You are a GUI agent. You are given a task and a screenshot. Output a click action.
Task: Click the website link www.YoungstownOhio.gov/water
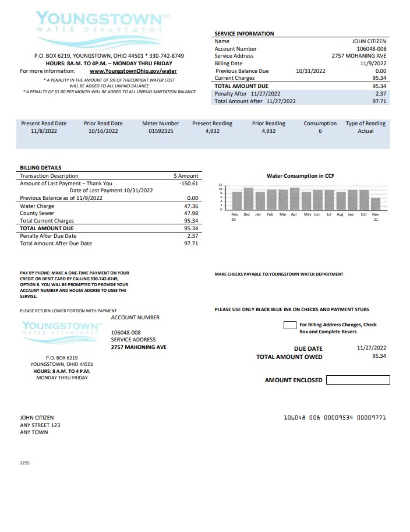click(133, 71)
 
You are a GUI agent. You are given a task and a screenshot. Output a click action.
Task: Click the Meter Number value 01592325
click(161, 131)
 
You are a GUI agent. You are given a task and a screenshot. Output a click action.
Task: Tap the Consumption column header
click(320, 124)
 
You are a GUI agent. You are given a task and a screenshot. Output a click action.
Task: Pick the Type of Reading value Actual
click(365, 131)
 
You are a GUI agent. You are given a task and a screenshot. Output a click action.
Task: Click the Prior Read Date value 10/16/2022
click(103, 131)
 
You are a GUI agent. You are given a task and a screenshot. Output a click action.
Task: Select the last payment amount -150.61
click(189, 183)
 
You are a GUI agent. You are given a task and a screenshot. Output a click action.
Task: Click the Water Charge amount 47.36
click(190, 206)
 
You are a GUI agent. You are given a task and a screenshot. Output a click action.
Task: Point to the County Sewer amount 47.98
click(190, 213)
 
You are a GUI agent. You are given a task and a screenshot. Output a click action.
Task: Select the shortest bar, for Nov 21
click(376, 203)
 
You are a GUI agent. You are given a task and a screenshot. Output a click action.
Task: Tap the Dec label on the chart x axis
click(246, 214)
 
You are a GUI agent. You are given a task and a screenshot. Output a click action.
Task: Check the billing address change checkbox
click(289, 325)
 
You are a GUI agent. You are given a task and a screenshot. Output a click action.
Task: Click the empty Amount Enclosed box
click(358, 380)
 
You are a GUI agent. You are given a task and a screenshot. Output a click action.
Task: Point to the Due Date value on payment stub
click(371, 348)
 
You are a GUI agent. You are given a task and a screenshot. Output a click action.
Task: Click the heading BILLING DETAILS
click(40, 168)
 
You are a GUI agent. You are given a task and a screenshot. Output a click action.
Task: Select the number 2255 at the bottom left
click(25, 463)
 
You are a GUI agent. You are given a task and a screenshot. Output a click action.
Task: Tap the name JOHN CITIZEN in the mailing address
click(37, 418)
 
